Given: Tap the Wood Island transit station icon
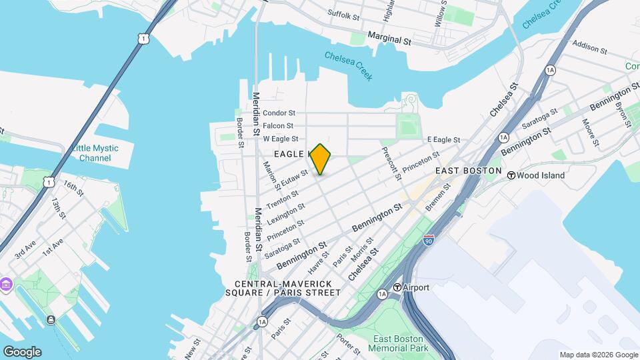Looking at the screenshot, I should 511,175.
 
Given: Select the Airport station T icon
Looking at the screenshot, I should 397,287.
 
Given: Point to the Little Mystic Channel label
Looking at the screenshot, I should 95,153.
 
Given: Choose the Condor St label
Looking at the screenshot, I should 279,113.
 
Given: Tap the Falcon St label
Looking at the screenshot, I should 279,126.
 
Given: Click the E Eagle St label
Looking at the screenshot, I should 443,139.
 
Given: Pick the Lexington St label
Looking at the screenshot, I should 285,214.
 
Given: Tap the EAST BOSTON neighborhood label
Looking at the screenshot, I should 468,171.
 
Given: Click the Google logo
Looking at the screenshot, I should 21,352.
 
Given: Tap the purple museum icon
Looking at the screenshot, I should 7,285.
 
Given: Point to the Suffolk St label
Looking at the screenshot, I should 344,13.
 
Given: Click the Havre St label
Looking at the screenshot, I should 319,263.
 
